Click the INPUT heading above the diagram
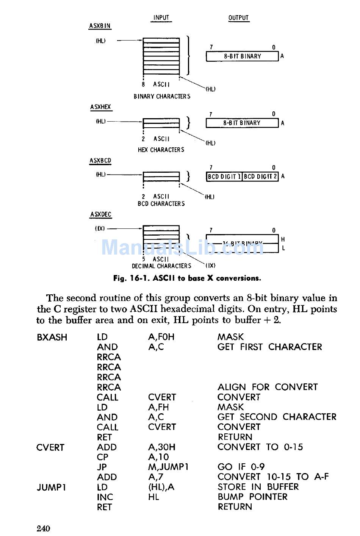[161, 18]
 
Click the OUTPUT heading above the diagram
[238, 18]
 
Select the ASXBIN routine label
[100, 26]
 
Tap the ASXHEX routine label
[101, 107]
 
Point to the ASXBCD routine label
[100, 161]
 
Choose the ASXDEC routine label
[101, 214]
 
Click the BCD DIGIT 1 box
[224, 177]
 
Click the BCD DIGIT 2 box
[260, 177]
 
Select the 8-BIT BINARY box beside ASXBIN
[242, 56]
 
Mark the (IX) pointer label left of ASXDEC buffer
[100, 228]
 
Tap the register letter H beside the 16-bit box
[283, 239]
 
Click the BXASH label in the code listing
[52, 337]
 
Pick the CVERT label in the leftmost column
[50, 447]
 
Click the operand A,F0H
[161, 337]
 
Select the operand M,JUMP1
[168, 467]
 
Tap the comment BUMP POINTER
[252, 497]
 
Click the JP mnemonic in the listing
[102, 467]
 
